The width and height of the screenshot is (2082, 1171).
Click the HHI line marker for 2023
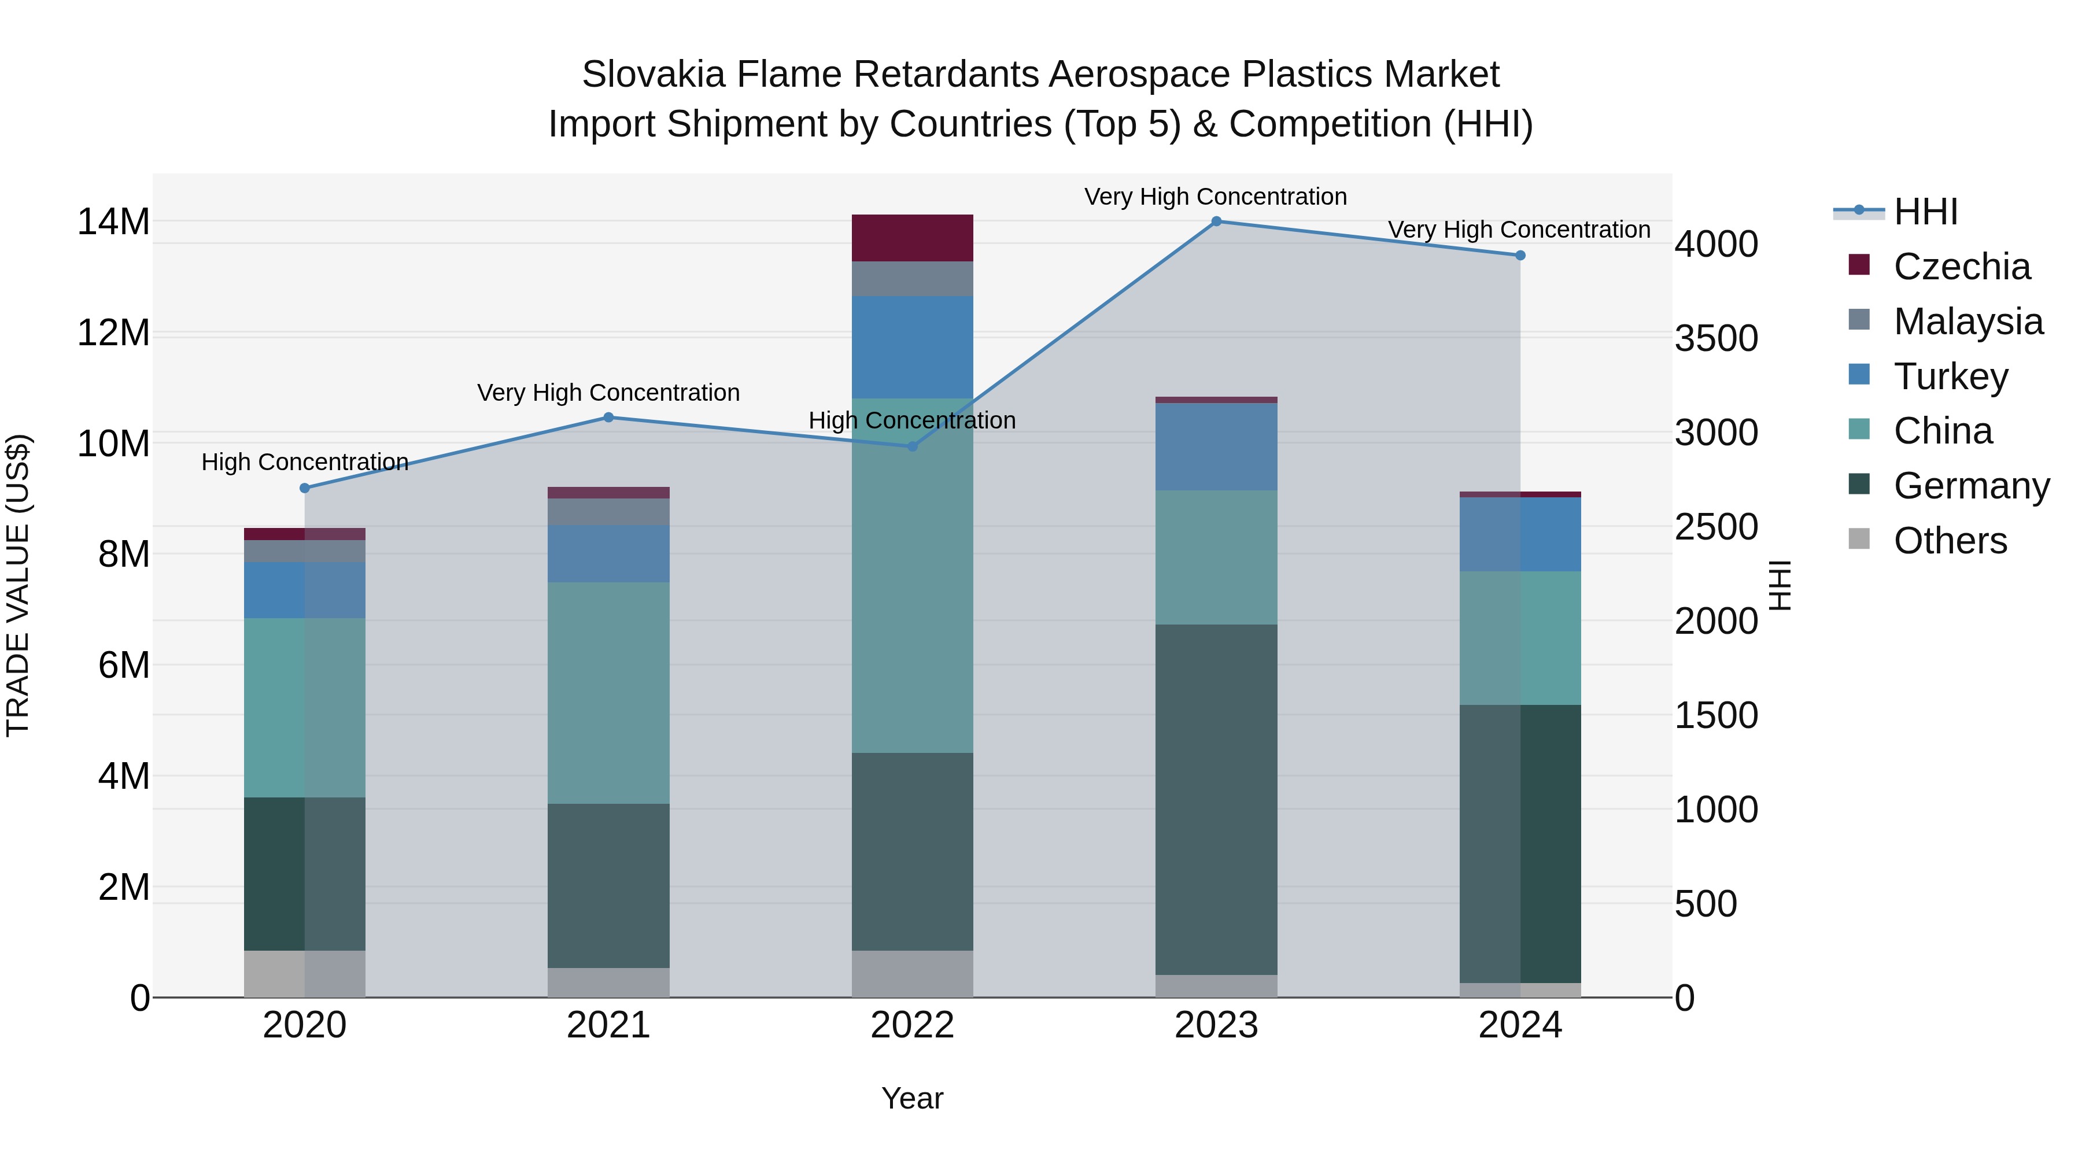(1216, 221)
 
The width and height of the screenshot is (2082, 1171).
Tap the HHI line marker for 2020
(305, 488)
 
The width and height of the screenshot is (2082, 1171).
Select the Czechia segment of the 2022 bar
(913, 238)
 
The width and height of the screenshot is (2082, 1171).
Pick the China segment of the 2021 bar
(608, 693)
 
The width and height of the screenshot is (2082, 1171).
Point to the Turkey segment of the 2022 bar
(913, 347)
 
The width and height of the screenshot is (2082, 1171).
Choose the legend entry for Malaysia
(1967, 321)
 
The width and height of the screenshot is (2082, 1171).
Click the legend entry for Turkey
(1950, 376)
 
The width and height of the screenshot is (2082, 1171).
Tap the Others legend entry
(1950, 541)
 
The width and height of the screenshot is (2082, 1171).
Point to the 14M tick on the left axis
(113, 221)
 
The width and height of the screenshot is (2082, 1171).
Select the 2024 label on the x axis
(1519, 1025)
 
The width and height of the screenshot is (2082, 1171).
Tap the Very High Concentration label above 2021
(608, 393)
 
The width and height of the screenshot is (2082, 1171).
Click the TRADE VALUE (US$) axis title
(18, 585)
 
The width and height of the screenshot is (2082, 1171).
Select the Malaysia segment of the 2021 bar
(608, 512)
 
